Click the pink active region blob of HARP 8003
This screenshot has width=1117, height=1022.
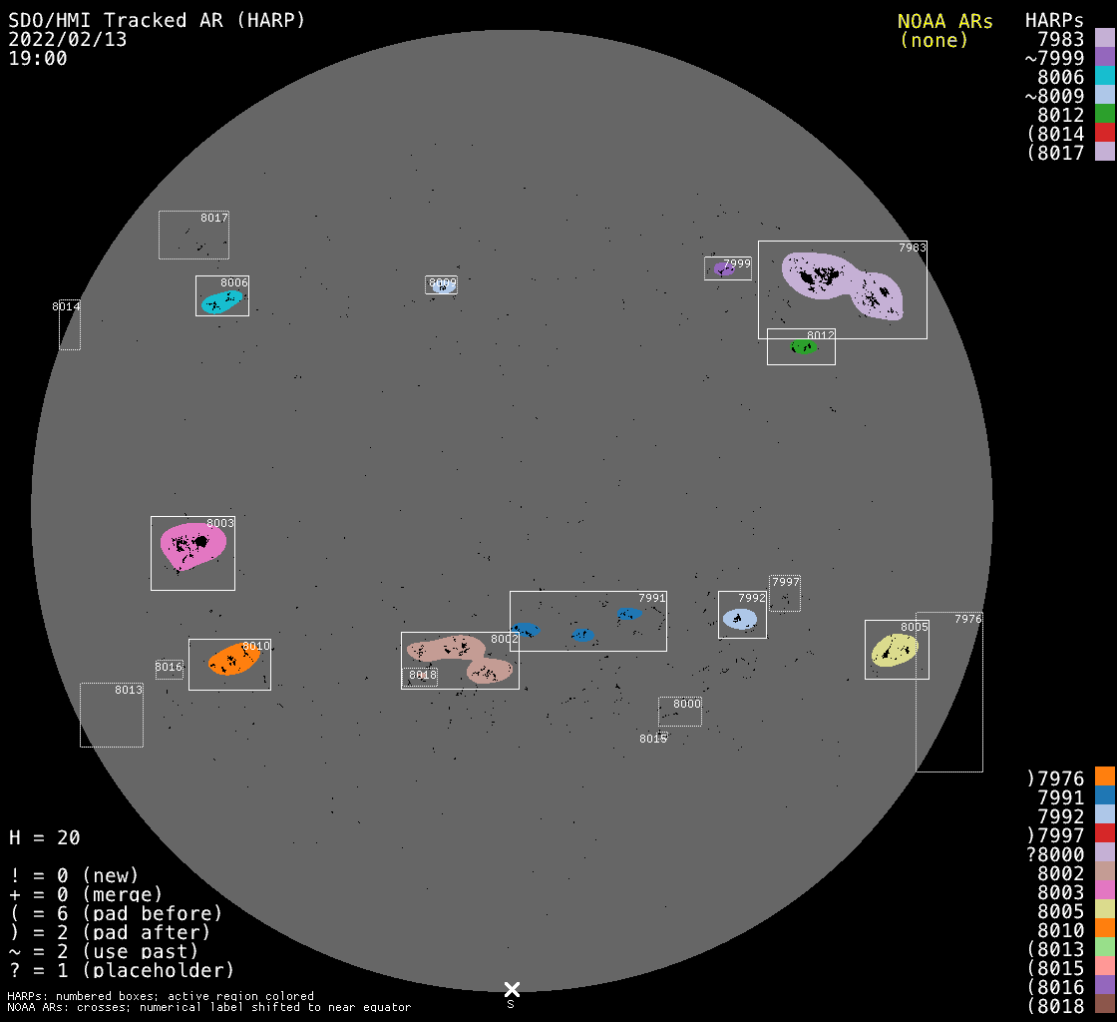[x=191, y=546]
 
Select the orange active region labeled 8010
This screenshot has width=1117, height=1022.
[x=234, y=660]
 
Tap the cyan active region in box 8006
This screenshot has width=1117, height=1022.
[x=221, y=300]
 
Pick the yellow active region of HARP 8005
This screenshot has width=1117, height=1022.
[x=895, y=651]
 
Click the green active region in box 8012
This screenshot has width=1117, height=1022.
[x=803, y=346]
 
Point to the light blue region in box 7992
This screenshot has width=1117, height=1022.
[x=740, y=619]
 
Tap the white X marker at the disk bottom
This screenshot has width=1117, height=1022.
[x=512, y=989]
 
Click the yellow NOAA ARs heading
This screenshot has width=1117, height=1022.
[x=944, y=21]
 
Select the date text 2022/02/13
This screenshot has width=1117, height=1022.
[x=68, y=39]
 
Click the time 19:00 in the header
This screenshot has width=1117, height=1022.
[x=38, y=58]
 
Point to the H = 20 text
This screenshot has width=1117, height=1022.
[x=45, y=837]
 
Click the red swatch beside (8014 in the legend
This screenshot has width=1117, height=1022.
[x=1104, y=133]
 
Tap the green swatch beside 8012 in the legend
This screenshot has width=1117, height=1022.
[x=1104, y=114]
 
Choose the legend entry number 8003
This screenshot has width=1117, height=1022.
[x=1060, y=891]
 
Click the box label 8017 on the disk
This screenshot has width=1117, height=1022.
[x=214, y=218]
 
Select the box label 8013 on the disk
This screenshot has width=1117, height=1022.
[x=129, y=690]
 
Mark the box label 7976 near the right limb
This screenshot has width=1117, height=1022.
[x=967, y=619]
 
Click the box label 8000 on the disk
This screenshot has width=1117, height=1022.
[x=687, y=704]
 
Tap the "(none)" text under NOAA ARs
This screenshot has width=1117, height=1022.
[x=934, y=40]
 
